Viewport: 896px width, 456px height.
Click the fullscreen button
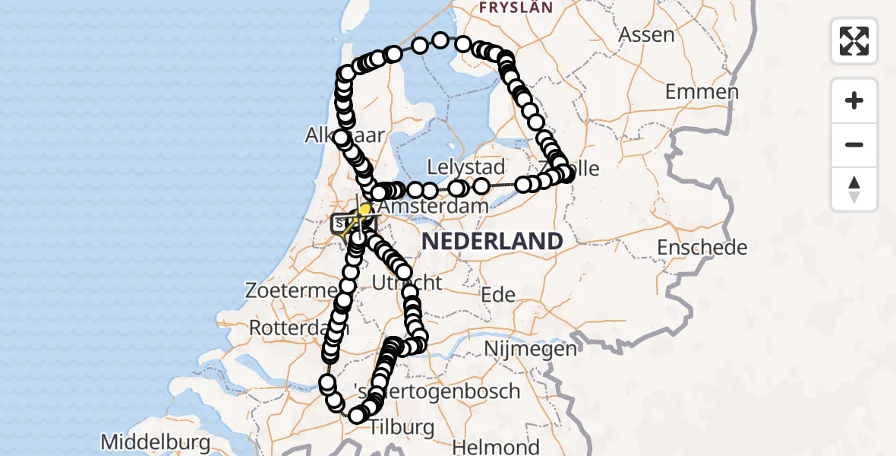(x=854, y=41)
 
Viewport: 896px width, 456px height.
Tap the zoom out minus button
(x=854, y=144)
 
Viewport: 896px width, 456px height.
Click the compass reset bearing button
(x=854, y=189)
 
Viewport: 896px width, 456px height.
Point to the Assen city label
(x=646, y=34)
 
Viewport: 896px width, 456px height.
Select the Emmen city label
(x=702, y=93)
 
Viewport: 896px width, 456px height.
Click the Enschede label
(x=702, y=247)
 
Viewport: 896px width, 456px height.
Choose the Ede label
(x=500, y=295)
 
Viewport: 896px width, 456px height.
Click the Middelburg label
(x=155, y=442)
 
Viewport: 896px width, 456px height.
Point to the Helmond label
(x=498, y=448)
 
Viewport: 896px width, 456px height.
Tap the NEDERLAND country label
(x=492, y=242)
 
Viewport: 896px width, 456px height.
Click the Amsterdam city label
(x=433, y=207)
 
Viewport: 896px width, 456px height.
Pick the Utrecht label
(x=407, y=283)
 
